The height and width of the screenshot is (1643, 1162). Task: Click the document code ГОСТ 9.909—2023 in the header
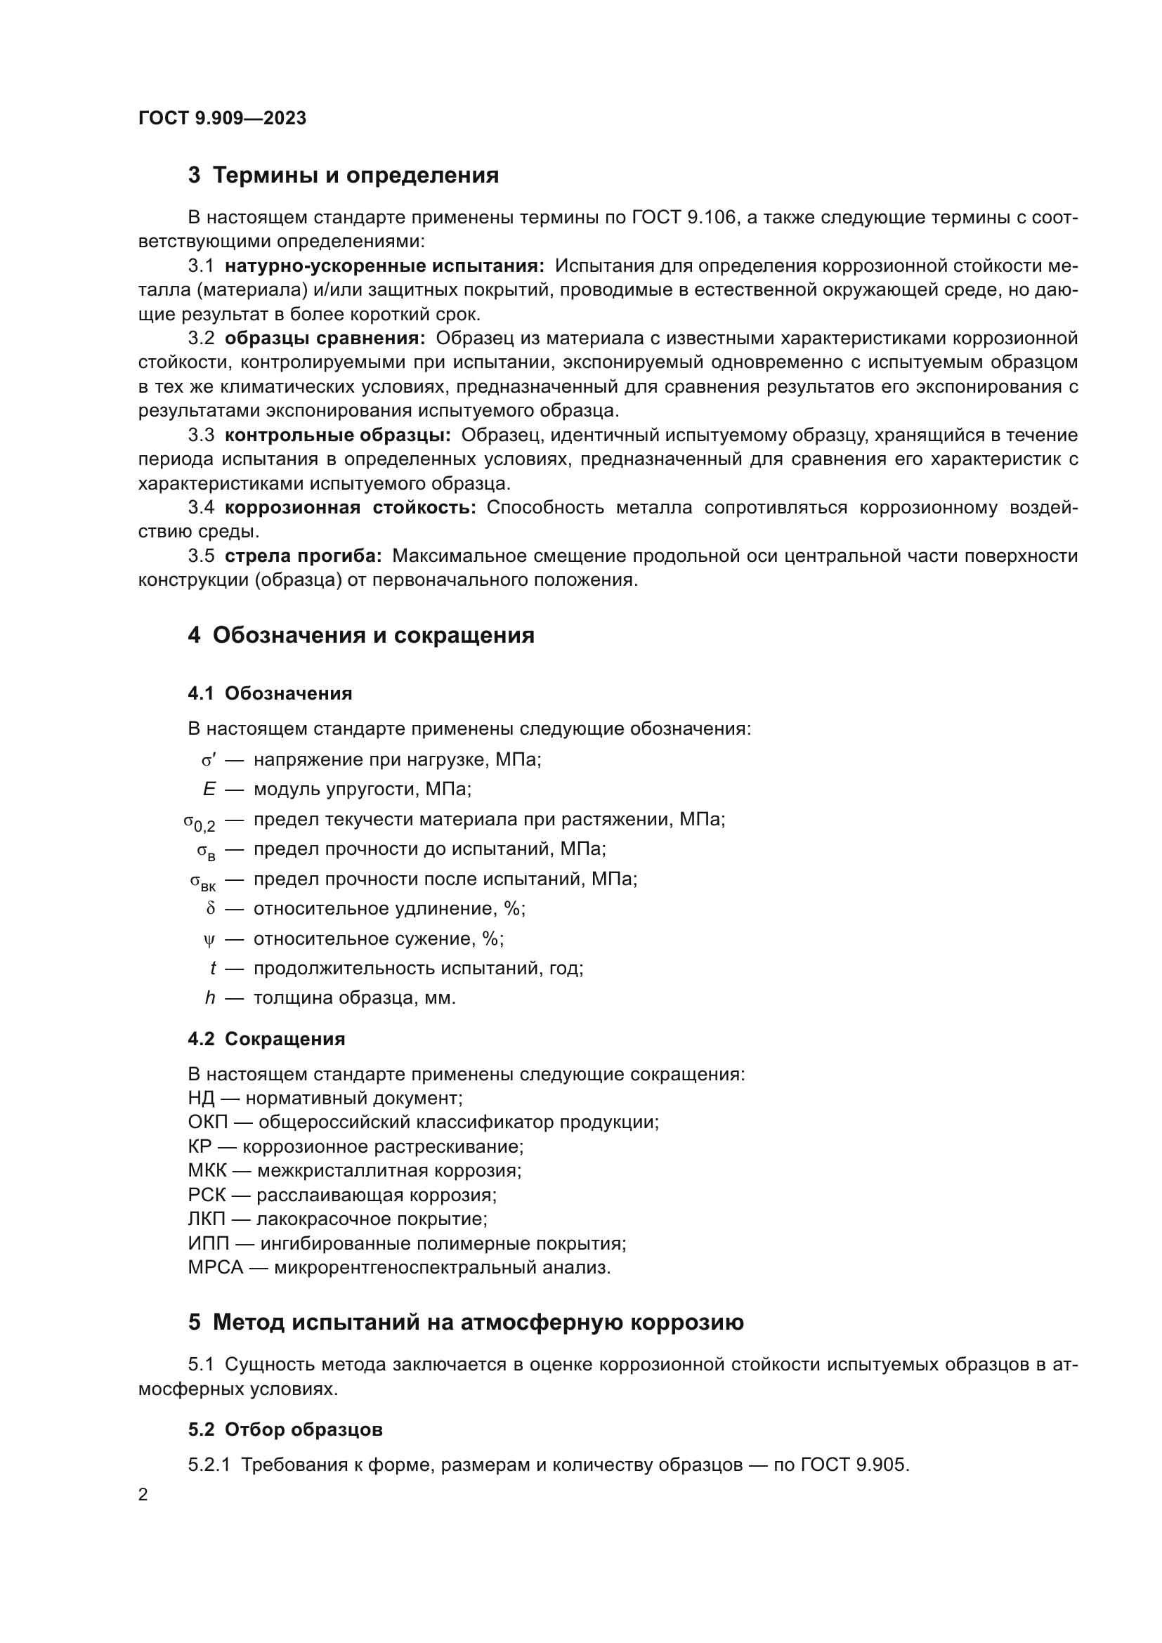pyautogui.click(x=222, y=118)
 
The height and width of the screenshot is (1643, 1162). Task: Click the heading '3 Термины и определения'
pyautogui.click(x=343, y=176)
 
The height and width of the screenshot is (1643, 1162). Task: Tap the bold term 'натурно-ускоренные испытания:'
pyautogui.click(x=384, y=266)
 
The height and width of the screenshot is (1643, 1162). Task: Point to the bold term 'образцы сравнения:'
pyautogui.click(x=325, y=339)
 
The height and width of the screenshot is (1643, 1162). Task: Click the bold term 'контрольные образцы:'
pyautogui.click(x=337, y=435)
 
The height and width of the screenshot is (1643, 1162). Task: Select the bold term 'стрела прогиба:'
pyautogui.click(x=303, y=556)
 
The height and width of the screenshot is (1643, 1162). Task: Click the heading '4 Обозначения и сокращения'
pyautogui.click(x=360, y=636)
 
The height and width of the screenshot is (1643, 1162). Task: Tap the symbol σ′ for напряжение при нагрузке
pyautogui.click(x=208, y=760)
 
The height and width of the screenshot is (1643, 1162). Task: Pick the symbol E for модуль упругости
pyautogui.click(x=209, y=790)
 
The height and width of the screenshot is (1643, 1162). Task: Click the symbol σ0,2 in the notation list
pyautogui.click(x=199, y=822)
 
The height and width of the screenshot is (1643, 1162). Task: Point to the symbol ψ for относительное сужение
pyautogui.click(x=209, y=939)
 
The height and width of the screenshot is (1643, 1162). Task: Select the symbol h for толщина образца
pyautogui.click(x=209, y=997)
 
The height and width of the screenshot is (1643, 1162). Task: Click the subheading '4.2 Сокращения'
pyautogui.click(x=266, y=1039)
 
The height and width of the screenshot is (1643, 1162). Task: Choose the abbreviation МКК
pyautogui.click(x=207, y=1171)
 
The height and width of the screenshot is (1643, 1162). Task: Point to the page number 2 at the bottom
pyautogui.click(x=143, y=1495)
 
